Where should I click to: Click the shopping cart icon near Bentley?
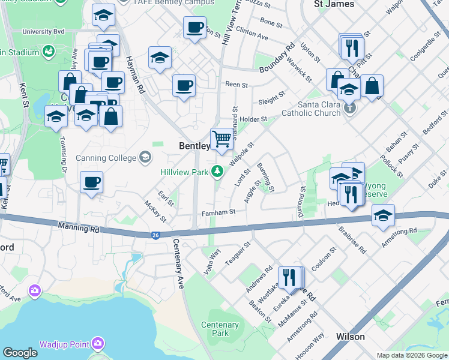pos(222,139)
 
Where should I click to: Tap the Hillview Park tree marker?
pos(217,172)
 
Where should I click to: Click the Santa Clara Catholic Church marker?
pos(351,109)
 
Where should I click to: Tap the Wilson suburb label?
pos(351,337)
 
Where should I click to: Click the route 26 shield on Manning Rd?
pos(156,235)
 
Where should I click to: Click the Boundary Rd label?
pos(278,59)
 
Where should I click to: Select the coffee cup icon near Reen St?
pos(184,85)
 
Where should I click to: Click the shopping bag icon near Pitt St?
pos(372,86)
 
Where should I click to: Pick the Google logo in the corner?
pos(20,353)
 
